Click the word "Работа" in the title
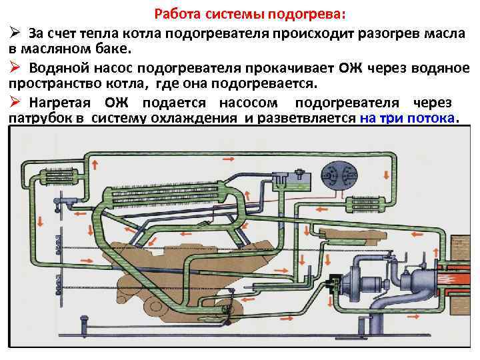177,14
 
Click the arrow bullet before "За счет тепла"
14,33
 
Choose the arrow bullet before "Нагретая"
14,102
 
